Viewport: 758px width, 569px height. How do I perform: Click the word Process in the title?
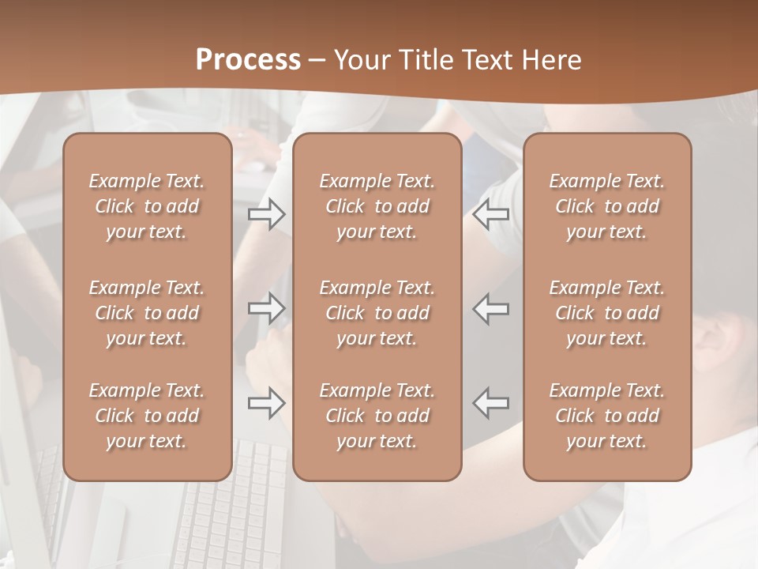point(248,60)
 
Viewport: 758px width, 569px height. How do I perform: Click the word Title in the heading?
point(426,60)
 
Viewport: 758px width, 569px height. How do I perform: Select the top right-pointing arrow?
point(266,214)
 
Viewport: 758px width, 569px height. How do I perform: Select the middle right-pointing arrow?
point(266,308)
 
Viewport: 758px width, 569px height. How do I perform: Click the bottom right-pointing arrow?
point(266,403)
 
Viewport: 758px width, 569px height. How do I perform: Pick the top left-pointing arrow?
point(491,214)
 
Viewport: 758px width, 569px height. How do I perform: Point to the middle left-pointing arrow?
point(491,308)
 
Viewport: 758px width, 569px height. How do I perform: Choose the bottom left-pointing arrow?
point(491,403)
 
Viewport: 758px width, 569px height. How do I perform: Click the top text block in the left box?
point(147,206)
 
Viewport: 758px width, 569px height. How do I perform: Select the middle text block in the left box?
point(147,313)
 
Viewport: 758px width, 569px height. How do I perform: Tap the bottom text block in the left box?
point(147,416)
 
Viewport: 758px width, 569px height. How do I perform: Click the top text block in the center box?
point(377,206)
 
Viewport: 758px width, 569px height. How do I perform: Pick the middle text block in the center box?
point(377,313)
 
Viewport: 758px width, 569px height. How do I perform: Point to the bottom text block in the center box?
point(377,416)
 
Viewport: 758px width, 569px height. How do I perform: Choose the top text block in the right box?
point(606,206)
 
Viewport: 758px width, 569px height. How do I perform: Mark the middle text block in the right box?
point(606,313)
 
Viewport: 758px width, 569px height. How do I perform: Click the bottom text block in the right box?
point(606,416)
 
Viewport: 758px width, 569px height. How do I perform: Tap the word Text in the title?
point(489,60)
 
